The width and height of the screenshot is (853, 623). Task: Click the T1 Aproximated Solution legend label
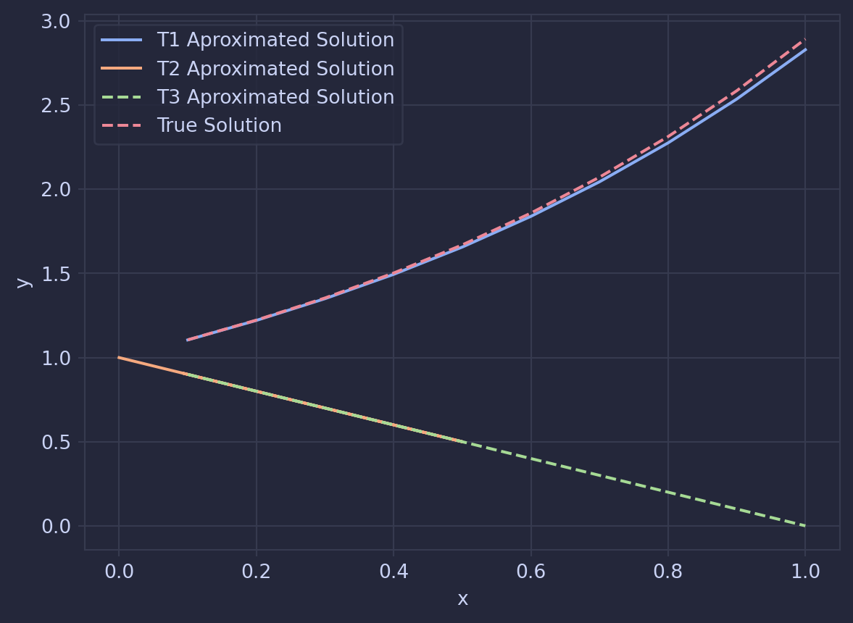coord(275,40)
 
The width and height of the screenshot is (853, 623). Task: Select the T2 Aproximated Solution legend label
coord(275,69)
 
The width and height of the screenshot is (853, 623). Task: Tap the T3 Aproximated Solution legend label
coord(275,97)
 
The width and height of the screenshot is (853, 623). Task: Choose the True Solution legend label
coord(219,125)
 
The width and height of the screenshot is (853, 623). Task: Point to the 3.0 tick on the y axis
coord(57,22)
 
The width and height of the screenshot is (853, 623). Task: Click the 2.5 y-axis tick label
coord(57,106)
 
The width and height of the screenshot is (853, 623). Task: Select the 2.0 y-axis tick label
coord(57,190)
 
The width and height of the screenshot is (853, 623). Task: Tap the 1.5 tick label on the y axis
coord(57,274)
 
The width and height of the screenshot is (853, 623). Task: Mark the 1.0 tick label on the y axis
coord(57,358)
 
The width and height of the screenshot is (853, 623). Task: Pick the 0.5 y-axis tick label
coord(57,442)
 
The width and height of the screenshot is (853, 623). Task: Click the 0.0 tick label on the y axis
coord(57,526)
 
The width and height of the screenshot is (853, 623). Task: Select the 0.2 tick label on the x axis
coord(256,572)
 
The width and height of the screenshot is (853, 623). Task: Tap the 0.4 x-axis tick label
coord(394,572)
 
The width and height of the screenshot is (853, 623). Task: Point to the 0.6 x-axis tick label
coord(530,572)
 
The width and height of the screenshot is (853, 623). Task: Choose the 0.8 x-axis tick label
coord(668,572)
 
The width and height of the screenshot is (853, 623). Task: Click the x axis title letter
coord(462,599)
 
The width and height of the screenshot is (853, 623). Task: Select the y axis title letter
coord(23,283)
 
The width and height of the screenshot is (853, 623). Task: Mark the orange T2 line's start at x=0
coord(119,357)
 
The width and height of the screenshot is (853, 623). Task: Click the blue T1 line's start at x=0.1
coord(188,340)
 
